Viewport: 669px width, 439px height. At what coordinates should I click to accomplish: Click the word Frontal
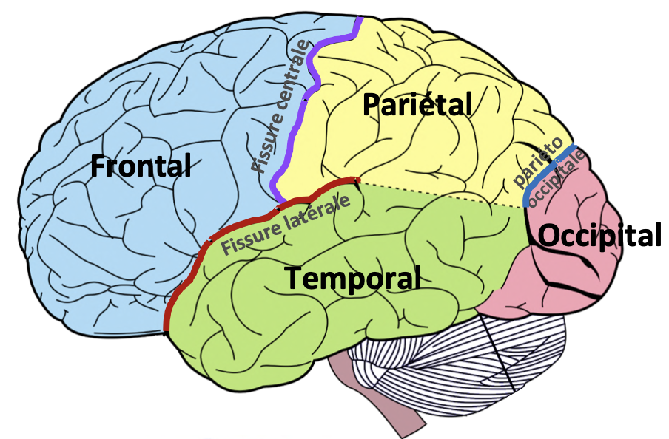141,166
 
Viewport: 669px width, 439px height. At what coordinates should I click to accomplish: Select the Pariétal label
417,105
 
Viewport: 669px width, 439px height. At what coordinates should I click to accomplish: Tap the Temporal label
353,279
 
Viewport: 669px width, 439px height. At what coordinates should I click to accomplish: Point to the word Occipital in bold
599,236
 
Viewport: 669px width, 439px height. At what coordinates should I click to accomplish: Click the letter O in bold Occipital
548,236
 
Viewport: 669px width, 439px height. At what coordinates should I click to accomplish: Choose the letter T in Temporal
293,279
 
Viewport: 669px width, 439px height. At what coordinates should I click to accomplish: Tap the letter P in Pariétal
371,105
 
